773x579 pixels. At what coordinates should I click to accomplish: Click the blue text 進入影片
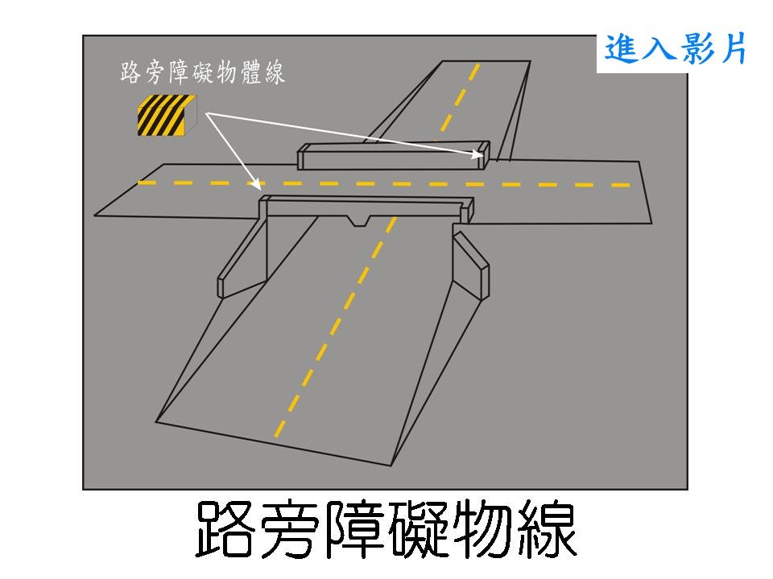click(x=675, y=49)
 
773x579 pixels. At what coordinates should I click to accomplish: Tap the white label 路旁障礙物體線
click(x=203, y=73)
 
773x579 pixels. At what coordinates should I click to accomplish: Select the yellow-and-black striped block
click(x=167, y=116)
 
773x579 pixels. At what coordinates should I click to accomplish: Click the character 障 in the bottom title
click(x=355, y=530)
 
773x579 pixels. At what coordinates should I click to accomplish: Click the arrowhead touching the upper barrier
click(x=477, y=155)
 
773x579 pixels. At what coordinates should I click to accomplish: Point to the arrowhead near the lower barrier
click(x=256, y=185)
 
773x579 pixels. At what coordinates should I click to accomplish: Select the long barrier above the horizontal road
click(x=394, y=156)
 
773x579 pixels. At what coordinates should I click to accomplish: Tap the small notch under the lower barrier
click(x=360, y=221)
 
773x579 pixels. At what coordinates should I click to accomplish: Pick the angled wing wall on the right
click(x=471, y=266)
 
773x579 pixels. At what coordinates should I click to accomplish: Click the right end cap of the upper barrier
click(x=485, y=155)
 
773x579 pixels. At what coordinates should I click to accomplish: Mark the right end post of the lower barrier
click(x=467, y=210)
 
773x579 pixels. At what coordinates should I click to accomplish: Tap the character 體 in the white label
click(x=251, y=73)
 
